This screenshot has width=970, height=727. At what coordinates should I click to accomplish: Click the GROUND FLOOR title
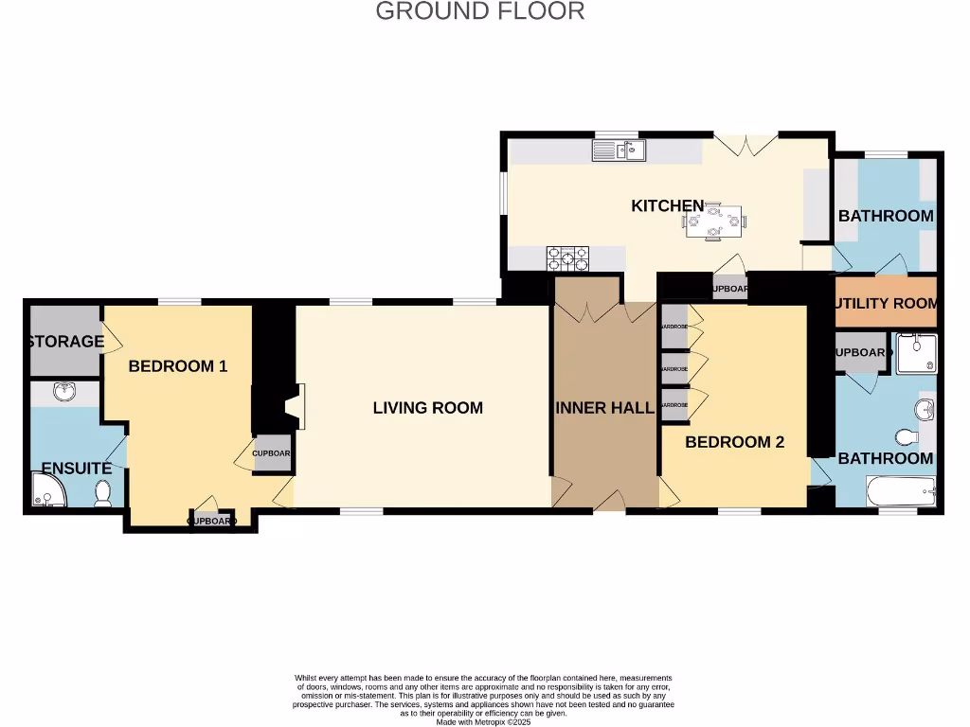click(480, 11)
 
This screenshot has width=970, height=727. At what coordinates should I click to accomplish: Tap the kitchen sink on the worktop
click(619, 150)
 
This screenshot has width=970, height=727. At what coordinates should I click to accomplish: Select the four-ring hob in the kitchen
click(566, 257)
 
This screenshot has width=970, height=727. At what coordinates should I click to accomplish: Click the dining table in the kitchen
click(713, 222)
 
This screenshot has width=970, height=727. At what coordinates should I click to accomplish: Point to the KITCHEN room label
click(668, 205)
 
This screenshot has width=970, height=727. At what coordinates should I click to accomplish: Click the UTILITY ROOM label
click(887, 303)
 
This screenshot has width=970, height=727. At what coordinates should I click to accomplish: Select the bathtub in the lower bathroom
click(901, 491)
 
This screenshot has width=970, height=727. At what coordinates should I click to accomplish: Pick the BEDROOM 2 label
click(734, 442)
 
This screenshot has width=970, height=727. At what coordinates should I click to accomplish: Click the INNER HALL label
click(604, 408)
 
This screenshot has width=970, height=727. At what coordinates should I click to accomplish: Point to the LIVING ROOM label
click(427, 408)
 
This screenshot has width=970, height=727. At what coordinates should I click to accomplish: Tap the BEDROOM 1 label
click(177, 366)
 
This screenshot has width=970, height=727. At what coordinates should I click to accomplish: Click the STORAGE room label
click(65, 341)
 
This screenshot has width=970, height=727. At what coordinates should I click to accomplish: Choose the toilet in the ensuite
click(103, 492)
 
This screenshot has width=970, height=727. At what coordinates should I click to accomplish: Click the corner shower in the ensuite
click(44, 490)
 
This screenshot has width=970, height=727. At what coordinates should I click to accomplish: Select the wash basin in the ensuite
click(64, 392)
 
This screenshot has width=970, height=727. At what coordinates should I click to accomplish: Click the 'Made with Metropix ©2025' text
click(483, 722)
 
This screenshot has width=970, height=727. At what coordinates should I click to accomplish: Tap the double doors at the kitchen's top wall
click(745, 144)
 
